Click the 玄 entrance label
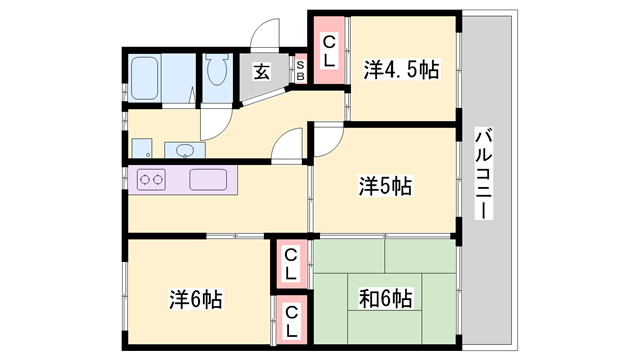pos(261,72)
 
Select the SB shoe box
pos(299,70)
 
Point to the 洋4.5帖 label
pos(401,70)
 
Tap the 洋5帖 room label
pos(386,185)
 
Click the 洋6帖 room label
pos(195,299)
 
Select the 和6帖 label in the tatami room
pos(386,299)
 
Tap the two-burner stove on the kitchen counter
pos(152,181)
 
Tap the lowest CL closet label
pos(291,322)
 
